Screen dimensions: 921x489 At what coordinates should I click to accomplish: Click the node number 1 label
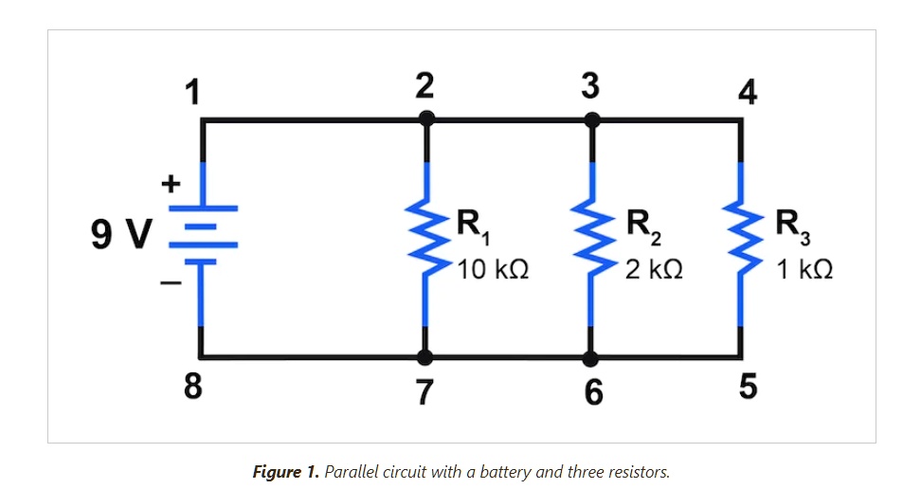(x=192, y=92)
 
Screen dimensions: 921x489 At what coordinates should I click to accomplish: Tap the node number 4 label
(x=748, y=92)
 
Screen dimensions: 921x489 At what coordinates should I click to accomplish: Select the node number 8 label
(x=192, y=386)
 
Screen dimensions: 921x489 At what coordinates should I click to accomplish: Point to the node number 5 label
(x=748, y=386)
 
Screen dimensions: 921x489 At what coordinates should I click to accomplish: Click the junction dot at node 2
(x=426, y=119)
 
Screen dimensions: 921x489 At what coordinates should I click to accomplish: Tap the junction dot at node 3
(x=592, y=120)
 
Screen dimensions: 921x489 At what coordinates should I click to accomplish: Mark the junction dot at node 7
(x=424, y=356)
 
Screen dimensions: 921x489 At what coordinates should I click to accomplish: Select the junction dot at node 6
(x=590, y=357)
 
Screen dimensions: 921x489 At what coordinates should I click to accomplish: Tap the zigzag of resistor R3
(x=741, y=238)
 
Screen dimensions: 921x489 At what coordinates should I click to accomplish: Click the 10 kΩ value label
(x=493, y=270)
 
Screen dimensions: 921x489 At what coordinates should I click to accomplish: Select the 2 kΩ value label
(x=654, y=270)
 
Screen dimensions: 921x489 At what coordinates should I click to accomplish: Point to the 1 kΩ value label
(x=804, y=270)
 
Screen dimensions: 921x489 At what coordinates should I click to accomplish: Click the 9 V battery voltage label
(x=121, y=233)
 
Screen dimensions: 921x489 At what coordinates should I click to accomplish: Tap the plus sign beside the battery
(x=171, y=184)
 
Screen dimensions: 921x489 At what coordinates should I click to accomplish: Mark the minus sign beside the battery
(x=171, y=283)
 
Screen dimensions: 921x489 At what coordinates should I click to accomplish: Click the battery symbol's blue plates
(x=203, y=235)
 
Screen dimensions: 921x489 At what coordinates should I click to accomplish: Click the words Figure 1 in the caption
(x=285, y=472)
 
